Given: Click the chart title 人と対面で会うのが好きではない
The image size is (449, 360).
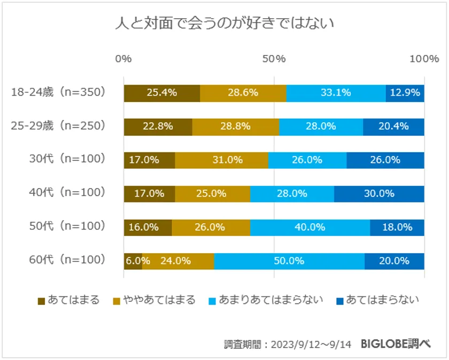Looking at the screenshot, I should (224, 24).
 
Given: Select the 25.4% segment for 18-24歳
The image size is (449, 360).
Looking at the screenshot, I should (161, 93).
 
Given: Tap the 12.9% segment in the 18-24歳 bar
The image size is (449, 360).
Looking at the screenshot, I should (405, 93).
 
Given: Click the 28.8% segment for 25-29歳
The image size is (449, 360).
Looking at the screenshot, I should (235, 127).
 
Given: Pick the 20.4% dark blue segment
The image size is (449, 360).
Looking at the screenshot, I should (393, 127).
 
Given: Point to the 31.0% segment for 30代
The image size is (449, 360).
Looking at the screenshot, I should (221, 160).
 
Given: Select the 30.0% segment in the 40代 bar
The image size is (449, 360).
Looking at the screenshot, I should (379, 193).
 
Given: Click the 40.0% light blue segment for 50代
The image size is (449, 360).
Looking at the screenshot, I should (310, 227).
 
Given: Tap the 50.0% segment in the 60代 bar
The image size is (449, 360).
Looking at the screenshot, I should (289, 261).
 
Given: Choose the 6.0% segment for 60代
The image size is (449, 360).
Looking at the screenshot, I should (133, 261).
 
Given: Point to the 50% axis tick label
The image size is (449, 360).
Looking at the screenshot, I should (274, 59).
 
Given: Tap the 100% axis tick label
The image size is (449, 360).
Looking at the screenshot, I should (424, 59).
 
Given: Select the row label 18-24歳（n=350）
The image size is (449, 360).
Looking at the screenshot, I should (59, 92).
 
